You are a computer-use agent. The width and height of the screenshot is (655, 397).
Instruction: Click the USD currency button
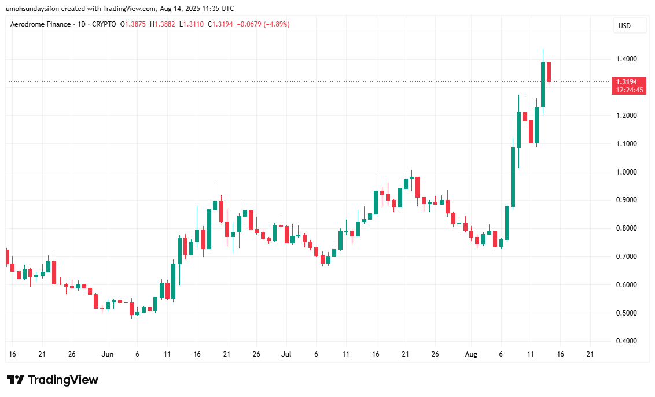[624, 26]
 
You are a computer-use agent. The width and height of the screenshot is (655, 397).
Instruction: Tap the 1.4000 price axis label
[628, 59]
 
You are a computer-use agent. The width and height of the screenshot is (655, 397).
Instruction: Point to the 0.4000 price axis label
[628, 341]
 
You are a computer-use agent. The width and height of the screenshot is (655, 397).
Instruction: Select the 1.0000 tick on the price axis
[628, 172]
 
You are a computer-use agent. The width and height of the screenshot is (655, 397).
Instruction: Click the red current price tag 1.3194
[628, 82]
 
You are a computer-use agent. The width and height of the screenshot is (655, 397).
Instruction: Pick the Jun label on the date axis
[108, 354]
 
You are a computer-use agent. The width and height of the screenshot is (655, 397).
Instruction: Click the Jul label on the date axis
[286, 354]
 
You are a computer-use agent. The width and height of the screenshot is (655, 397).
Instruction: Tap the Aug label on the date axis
[470, 354]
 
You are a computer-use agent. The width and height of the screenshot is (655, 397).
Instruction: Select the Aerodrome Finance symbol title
[41, 24]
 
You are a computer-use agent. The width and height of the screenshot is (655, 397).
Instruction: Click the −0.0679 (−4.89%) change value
[264, 24]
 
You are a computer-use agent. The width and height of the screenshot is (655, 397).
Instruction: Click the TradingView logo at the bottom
[53, 380]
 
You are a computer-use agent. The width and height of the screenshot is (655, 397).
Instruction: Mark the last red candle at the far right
[549, 72]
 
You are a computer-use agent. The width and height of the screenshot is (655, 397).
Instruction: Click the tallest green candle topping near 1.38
[543, 84]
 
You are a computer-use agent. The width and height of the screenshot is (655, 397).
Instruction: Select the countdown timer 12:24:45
[628, 90]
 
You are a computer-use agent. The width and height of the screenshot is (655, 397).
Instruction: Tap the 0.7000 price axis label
[628, 257]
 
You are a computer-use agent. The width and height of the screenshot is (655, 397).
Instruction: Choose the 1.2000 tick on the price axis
[628, 116]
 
